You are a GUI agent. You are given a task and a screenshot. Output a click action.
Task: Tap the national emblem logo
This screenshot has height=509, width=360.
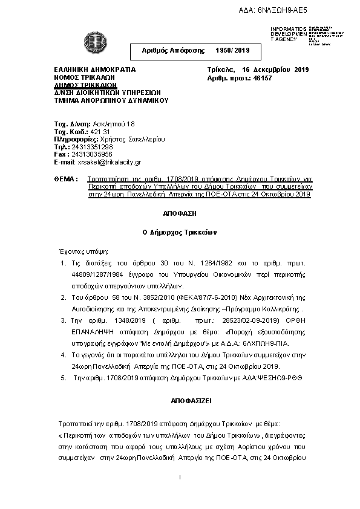click(94, 42)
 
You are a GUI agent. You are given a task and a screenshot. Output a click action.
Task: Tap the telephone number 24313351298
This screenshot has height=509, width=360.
click(91, 146)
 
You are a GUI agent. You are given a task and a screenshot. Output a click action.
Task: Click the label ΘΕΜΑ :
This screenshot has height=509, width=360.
click(65, 180)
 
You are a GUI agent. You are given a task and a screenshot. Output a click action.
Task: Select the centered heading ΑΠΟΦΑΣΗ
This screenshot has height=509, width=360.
click(180, 213)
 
